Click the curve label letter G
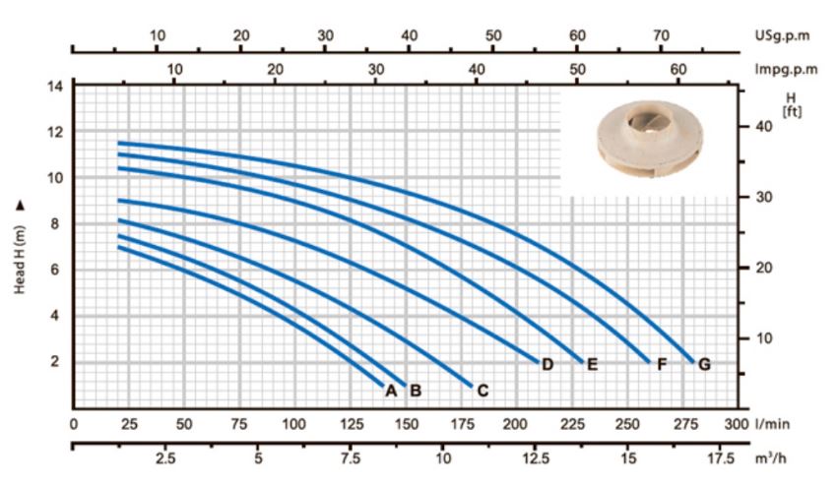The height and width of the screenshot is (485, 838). point(704,364)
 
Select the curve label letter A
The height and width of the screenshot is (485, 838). point(391,391)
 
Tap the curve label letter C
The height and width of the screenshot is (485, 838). point(483,391)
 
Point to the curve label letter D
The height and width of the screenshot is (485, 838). point(548,364)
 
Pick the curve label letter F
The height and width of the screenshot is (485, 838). point(662,364)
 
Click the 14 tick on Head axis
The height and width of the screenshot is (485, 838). point(55,86)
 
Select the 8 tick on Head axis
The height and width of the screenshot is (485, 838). point(55,223)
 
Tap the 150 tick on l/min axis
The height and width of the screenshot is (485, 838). point(407,425)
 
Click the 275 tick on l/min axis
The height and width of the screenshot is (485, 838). point(685,425)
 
